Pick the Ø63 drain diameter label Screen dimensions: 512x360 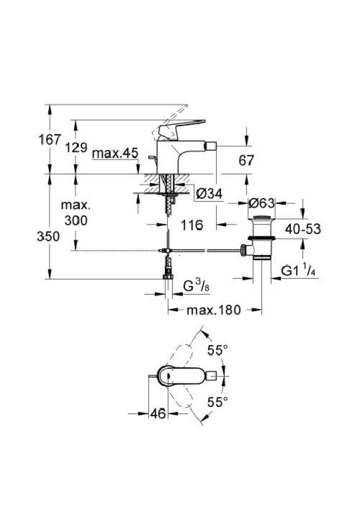262,203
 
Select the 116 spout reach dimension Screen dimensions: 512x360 191,225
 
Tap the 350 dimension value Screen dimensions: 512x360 50,237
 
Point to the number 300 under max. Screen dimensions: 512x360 76,220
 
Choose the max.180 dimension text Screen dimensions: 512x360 214,309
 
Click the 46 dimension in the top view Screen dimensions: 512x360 158,413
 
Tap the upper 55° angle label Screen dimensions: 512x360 217,350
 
